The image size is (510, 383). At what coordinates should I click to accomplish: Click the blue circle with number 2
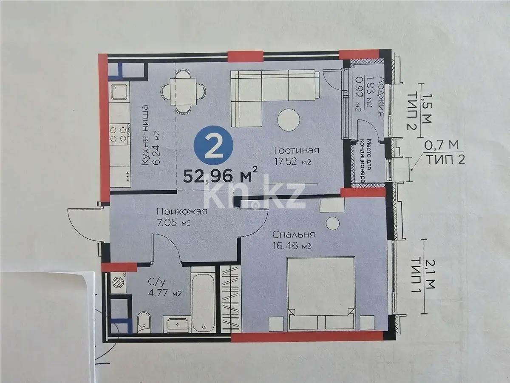215,147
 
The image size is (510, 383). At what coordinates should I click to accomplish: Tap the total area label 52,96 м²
221,175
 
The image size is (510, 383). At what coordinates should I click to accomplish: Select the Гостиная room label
296,151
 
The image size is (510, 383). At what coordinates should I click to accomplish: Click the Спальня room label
294,234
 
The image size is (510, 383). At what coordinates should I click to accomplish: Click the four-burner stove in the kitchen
119,133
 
